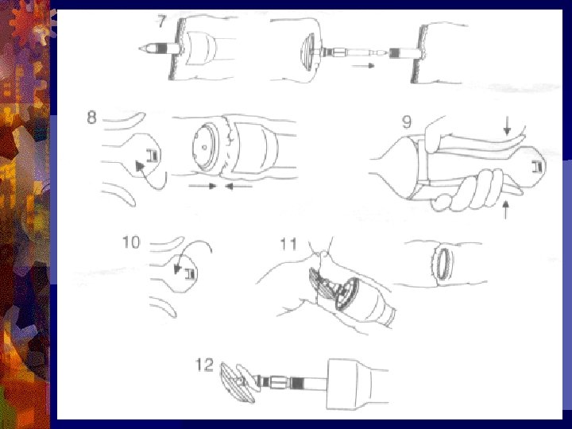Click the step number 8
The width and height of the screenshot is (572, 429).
(x=92, y=118)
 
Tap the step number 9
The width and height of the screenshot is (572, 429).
(x=407, y=122)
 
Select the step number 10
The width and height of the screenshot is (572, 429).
(x=131, y=242)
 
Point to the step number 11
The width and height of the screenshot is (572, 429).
(x=288, y=244)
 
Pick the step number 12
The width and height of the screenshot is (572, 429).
(x=204, y=365)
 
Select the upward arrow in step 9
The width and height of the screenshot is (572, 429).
(x=505, y=210)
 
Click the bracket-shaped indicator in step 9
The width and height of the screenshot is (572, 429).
(x=537, y=167)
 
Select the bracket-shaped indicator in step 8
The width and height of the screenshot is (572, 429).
(x=153, y=156)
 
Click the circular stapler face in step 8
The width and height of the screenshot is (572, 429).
(x=205, y=147)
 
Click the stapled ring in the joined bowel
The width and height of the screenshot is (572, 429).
(x=443, y=264)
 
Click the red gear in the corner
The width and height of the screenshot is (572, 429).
(x=25, y=22)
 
